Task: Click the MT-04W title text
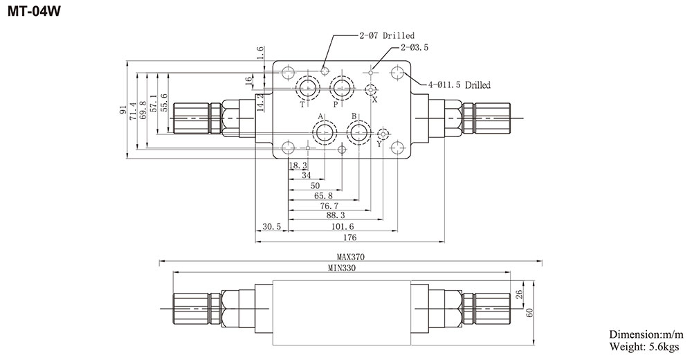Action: tap(32, 11)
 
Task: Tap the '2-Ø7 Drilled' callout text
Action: tap(387, 35)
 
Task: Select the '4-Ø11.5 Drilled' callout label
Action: tap(459, 85)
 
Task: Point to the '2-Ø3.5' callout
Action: tap(415, 48)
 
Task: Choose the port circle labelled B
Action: tap(358, 132)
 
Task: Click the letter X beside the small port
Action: tap(375, 100)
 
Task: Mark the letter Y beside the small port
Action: tap(379, 144)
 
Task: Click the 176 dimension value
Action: tap(349, 237)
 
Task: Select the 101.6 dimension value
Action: tap(342, 226)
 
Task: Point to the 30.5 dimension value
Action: tap(272, 226)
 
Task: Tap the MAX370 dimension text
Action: tap(351, 257)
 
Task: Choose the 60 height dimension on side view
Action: tap(531, 312)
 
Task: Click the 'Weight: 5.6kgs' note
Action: tap(645, 347)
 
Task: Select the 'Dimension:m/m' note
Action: tap(646, 335)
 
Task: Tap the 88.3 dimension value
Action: tap(333, 216)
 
